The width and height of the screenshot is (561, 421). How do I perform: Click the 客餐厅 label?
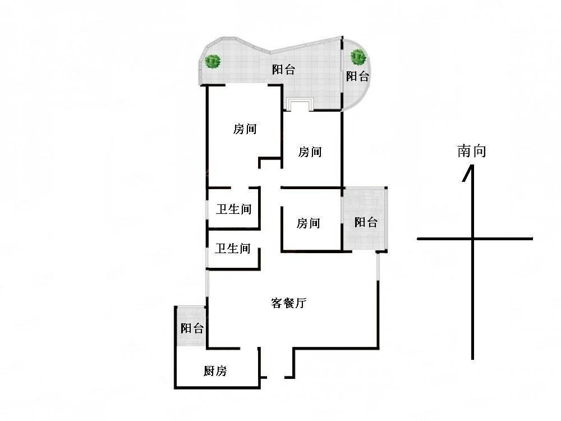288,304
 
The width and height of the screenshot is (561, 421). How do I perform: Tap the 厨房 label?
215,371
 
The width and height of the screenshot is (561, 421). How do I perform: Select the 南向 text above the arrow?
471,150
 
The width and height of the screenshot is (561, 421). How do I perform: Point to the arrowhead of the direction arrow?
468,172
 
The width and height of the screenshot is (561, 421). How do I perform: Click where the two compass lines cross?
473,239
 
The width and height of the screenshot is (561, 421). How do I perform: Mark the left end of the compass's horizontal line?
419,239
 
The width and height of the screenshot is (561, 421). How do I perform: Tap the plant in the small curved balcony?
358,56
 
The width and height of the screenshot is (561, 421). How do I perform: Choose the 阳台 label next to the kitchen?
192,328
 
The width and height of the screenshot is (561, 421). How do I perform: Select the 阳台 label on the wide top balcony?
283,70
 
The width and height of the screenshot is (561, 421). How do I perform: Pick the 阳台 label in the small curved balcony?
357,76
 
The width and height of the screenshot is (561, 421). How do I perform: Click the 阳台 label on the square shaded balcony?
366,222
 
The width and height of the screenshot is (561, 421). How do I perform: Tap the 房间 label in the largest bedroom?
245,129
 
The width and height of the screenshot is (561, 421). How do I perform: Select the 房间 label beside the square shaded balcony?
309,223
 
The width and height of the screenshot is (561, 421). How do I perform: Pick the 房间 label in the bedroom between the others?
310,152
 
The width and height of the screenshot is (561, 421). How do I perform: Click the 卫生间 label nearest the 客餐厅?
233,248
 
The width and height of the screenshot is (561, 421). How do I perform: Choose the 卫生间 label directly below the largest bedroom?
234,210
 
